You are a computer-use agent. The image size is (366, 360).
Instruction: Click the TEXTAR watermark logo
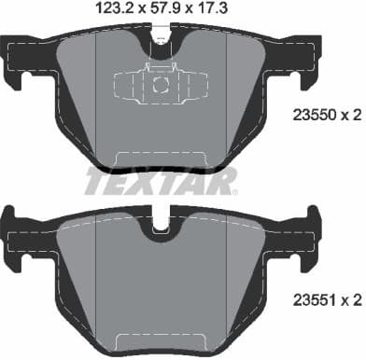[x=160, y=179]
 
